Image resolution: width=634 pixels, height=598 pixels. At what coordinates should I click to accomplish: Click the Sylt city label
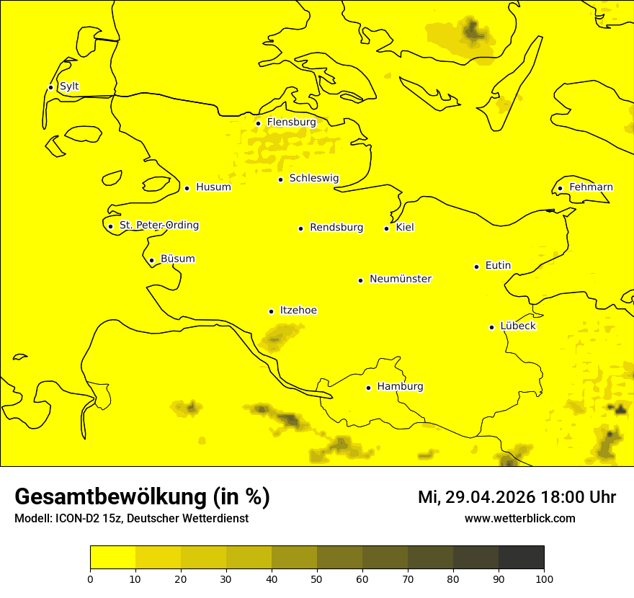click(69, 86)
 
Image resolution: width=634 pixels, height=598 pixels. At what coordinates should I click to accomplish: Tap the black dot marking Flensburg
click(258, 123)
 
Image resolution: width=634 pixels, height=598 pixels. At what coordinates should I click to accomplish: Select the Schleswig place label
click(313, 178)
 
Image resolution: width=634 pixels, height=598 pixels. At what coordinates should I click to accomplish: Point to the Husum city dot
click(187, 188)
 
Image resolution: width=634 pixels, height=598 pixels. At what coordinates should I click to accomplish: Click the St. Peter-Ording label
click(158, 226)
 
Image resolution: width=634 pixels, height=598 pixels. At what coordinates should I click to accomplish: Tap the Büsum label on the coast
click(177, 259)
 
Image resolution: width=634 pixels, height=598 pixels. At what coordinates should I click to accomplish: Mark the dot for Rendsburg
click(300, 228)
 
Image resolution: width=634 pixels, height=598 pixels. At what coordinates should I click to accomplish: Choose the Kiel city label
click(405, 228)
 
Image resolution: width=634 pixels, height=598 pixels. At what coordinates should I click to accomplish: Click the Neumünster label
click(401, 279)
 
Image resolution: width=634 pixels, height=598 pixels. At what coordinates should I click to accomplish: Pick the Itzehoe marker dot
click(271, 311)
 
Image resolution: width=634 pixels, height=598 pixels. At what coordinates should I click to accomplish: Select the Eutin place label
click(498, 266)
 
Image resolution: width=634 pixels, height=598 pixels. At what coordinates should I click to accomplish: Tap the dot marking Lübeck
click(492, 327)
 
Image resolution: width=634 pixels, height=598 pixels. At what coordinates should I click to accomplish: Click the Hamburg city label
click(400, 387)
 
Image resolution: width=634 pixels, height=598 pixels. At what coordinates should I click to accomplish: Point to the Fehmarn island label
click(591, 187)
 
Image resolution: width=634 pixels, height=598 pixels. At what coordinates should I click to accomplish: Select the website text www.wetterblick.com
click(519, 518)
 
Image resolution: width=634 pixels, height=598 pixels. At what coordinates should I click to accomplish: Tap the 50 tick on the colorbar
click(317, 578)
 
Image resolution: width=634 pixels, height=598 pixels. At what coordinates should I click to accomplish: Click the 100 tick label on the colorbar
click(544, 578)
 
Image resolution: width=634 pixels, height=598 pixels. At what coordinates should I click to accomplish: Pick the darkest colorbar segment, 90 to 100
click(521, 558)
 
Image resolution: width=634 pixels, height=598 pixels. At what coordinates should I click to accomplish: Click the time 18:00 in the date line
click(561, 497)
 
